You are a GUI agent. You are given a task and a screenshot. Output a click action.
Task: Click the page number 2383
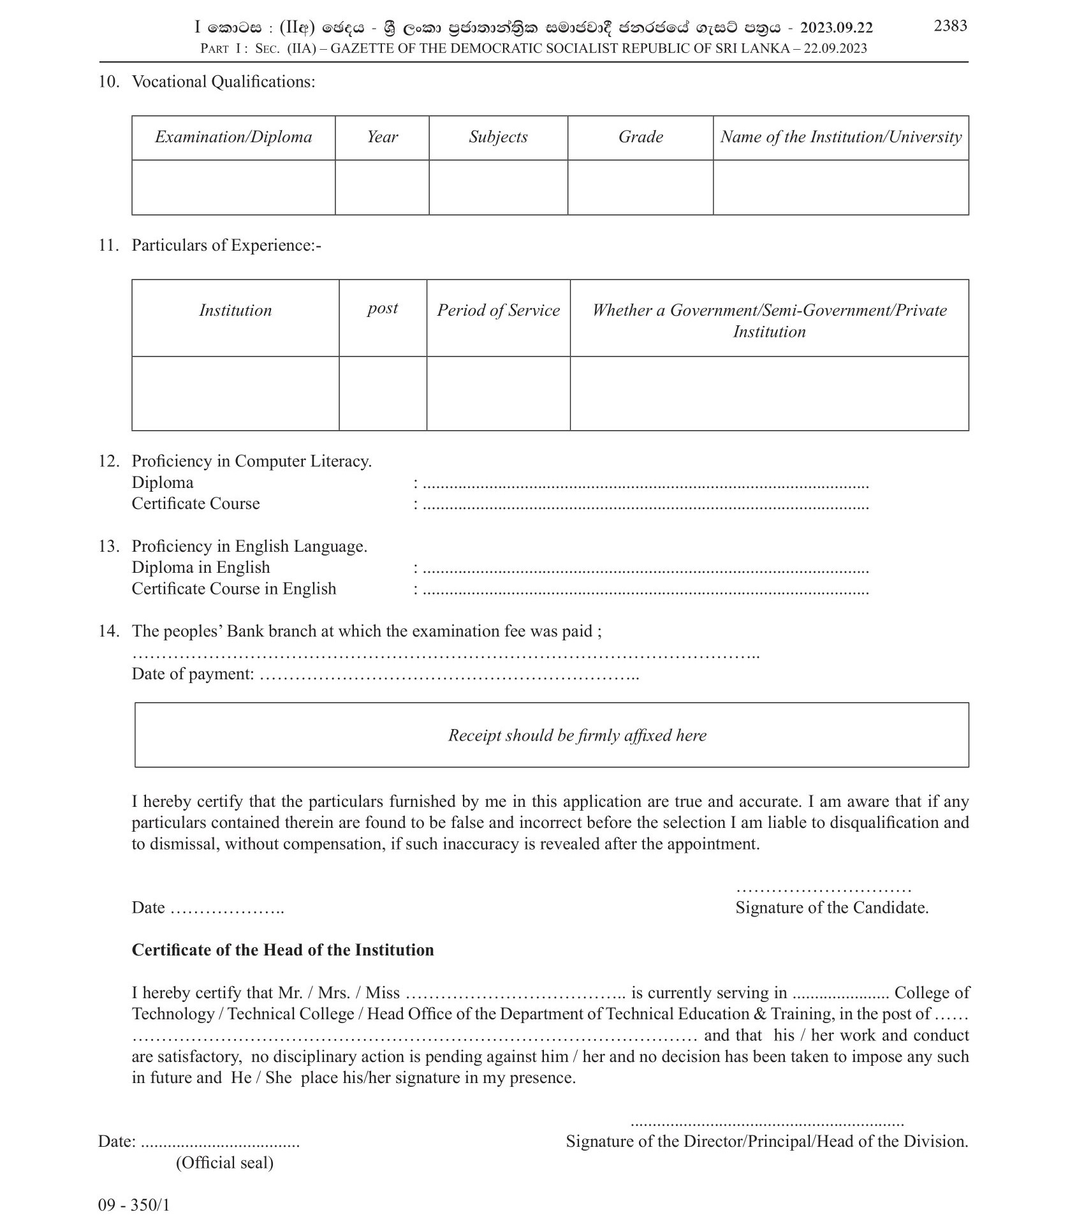(950, 26)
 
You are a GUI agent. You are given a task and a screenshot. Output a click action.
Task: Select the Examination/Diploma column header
(233, 137)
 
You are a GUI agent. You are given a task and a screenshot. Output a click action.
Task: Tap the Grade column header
(640, 137)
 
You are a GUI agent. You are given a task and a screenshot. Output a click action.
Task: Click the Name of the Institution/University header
(840, 137)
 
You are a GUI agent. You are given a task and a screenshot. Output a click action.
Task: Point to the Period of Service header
(498, 311)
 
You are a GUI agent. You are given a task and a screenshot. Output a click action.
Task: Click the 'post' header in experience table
(383, 309)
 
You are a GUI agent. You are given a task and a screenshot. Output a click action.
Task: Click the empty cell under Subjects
(498, 187)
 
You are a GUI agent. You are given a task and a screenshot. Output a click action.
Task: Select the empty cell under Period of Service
(498, 393)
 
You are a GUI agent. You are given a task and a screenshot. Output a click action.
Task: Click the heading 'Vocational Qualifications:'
(223, 82)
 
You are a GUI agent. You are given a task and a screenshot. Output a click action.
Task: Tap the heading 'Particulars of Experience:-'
(226, 246)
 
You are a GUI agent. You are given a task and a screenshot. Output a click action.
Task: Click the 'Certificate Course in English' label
(233, 589)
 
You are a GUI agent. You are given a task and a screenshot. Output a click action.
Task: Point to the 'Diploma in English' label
(200, 568)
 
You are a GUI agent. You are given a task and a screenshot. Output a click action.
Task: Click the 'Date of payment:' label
(193, 674)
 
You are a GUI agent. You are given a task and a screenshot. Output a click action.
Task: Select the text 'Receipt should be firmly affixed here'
(577, 735)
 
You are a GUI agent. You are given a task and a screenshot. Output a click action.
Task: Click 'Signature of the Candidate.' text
(831, 908)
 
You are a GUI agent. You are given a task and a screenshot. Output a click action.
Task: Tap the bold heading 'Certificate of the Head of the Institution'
(282, 950)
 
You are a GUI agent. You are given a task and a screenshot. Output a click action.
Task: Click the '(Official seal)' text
(224, 1163)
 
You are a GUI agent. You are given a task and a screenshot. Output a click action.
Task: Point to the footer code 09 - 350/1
(134, 1206)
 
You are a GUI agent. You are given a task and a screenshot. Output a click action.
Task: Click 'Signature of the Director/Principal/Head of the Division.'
(766, 1142)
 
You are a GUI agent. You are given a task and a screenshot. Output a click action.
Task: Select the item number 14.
(108, 631)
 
